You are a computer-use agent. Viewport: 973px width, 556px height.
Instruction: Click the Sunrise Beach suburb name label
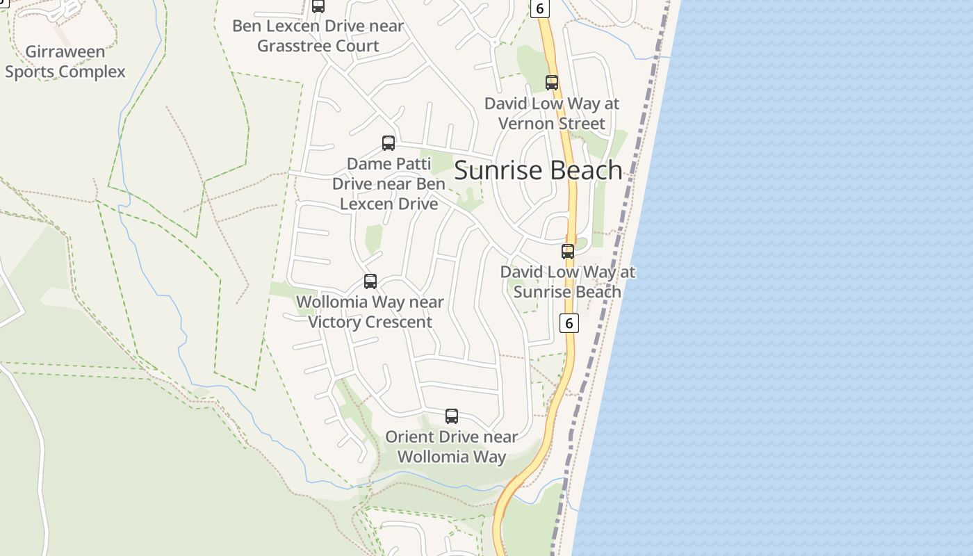pos(538,170)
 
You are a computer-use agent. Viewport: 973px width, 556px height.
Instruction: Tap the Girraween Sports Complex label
pos(65,62)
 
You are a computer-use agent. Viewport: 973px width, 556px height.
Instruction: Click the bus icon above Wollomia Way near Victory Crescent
pos(370,281)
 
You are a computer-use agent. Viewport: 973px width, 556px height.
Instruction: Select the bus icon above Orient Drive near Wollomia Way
pos(452,416)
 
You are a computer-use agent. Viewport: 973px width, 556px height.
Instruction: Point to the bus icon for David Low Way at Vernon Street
pos(552,83)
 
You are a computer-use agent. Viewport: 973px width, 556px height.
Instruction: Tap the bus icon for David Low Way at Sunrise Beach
pos(568,252)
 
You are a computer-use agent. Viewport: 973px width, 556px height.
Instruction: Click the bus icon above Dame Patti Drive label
pos(389,143)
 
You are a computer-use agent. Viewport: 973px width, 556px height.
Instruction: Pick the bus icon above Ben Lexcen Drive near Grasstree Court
pos(318,6)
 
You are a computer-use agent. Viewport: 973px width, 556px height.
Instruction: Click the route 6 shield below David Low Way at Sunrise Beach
pos(569,323)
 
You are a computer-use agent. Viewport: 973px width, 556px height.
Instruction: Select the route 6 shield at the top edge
pos(539,8)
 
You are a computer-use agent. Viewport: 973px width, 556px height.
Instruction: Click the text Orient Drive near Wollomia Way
pos(452,447)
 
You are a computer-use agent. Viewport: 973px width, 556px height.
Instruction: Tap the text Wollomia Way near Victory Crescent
pos(370,312)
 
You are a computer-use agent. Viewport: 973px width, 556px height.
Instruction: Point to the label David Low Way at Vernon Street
pos(552,113)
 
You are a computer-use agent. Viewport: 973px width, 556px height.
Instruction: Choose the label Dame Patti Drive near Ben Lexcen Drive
pos(389,184)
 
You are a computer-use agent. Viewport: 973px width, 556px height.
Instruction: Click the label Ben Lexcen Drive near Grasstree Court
pos(318,36)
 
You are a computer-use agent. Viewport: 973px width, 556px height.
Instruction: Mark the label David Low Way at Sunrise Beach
pos(568,281)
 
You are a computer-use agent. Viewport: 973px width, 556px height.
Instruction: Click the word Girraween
pos(65,51)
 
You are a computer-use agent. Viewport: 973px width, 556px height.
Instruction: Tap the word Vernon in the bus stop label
pos(523,124)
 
